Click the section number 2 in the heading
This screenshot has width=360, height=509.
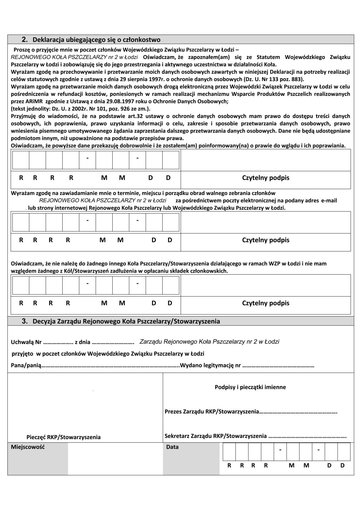click(x=24, y=39)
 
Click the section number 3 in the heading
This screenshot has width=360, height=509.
click(x=24, y=321)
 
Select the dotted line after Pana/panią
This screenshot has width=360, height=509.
click(x=111, y=366)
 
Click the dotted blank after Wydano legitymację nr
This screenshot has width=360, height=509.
click(x=278, y=366)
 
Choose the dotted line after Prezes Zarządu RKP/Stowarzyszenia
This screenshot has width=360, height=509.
click(x=298, y=412)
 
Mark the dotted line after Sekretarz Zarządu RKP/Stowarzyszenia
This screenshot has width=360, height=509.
click(x=307, y=436)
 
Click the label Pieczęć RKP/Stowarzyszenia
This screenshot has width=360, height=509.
click(x=64, y=437)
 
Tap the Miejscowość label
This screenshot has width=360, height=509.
click(x=28, y=447)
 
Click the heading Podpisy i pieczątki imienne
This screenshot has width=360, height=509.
click(x=250, y=387)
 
